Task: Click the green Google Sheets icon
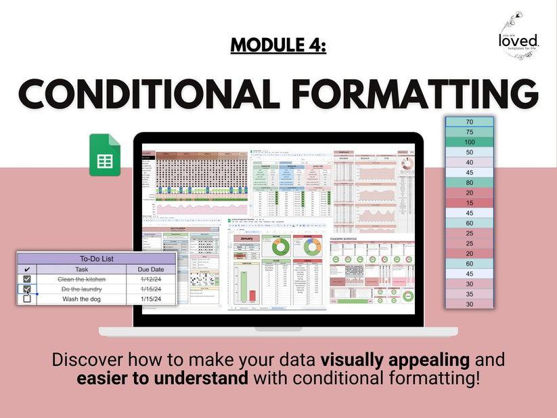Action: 105,155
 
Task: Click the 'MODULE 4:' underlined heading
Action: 278,45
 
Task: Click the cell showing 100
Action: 469,142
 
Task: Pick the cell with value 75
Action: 469,132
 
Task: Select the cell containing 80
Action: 469,183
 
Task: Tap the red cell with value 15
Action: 469,203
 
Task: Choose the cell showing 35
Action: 469,294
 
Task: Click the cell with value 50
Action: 469,152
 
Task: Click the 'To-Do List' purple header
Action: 97,259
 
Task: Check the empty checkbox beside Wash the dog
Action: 27,299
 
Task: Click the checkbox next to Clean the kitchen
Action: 27,279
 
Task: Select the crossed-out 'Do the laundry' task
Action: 81,289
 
